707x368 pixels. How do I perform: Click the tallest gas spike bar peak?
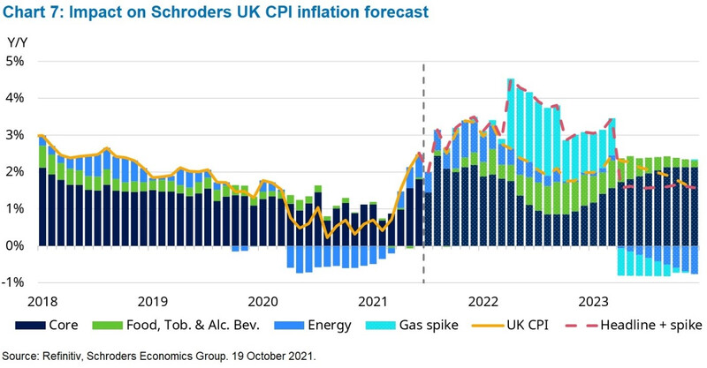[511, 80]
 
